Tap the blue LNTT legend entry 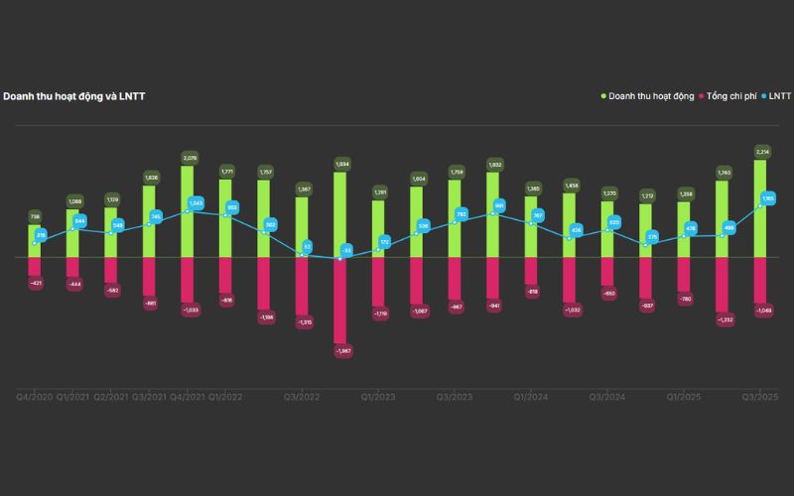tap(778, 96)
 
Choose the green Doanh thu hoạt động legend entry tap(651, 96)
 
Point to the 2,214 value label tap(762, 152)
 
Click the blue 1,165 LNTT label tap(767, 199)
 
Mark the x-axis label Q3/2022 tap(303, 397)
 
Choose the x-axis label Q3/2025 tap(760, 397)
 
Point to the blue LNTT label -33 tap(346, 250)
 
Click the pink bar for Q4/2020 tap(35, 266)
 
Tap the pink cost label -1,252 tap(724, 320)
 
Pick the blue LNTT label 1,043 tap(196, 202)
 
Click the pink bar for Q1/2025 tap(684, 275)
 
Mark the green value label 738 tap(34, 216)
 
